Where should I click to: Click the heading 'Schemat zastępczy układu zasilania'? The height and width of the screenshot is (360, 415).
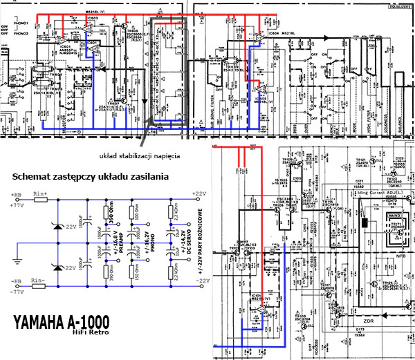91,178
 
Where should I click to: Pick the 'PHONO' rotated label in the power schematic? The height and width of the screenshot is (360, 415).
156,242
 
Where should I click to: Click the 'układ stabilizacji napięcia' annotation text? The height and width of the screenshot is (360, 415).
140,156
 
